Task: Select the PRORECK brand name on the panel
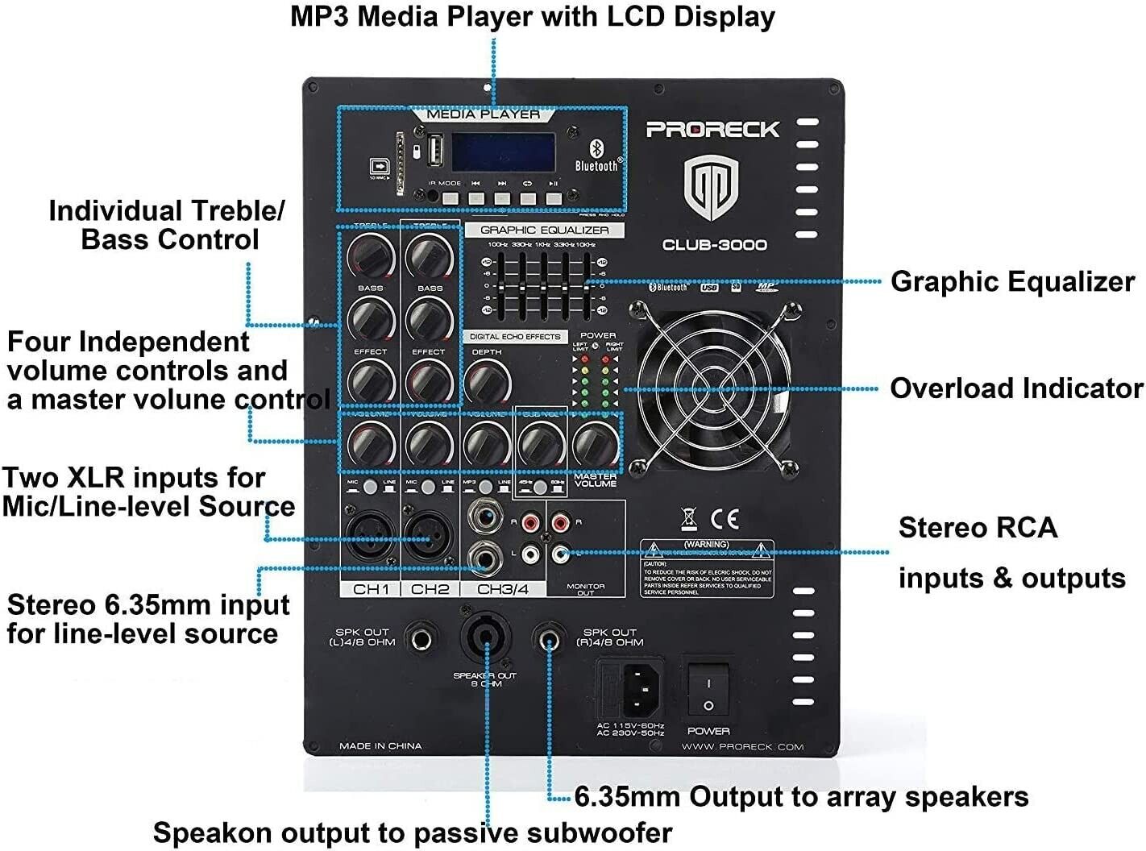tap(712, 129)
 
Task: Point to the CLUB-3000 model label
tap(714, 245)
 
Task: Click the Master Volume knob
tap(595, 442)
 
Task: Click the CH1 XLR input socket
tap(370, 536)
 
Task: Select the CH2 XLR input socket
tap(429, 536)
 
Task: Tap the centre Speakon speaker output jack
tap(485, 637)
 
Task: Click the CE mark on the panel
tap(723, 518)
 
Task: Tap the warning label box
tap(707, 569)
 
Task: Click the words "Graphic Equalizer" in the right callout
tap(1012, 281)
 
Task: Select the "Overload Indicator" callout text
tap(1015, 388)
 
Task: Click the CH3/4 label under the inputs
tap(503, 589)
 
